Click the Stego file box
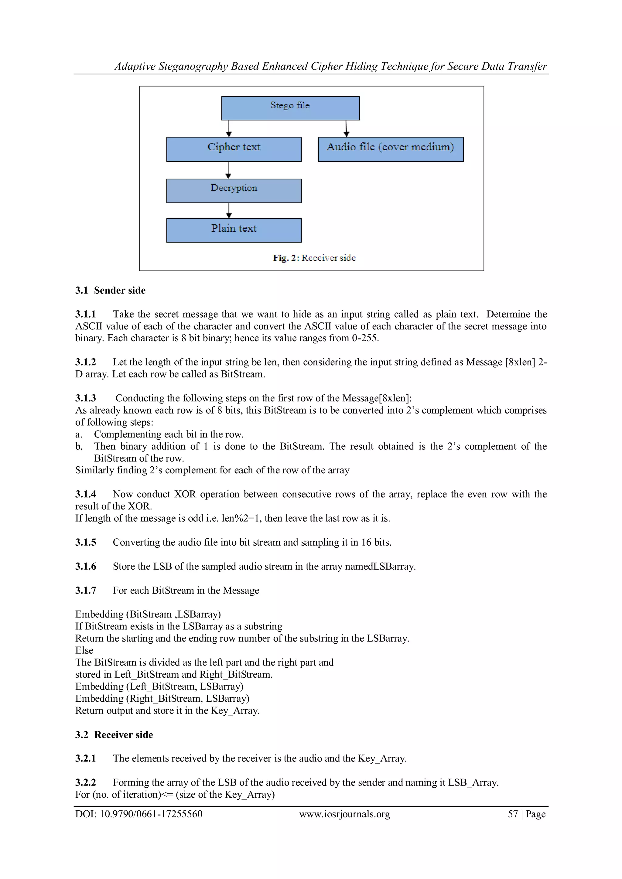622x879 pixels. point(290,108)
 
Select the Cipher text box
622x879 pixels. point(234,149)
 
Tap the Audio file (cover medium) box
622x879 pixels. point(390,149)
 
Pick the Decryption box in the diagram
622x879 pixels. point(234,191)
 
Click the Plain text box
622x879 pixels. point(234,230)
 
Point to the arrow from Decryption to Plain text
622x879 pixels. point(229,210)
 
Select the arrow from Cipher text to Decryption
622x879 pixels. point(228,170)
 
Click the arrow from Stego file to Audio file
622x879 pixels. point(346,129)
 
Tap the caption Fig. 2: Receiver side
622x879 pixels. point(314,258)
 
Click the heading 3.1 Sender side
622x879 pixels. point(110,290)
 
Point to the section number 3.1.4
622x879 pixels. point(85,494)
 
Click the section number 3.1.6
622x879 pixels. point(85,566)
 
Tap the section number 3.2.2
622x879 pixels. point(85,782)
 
